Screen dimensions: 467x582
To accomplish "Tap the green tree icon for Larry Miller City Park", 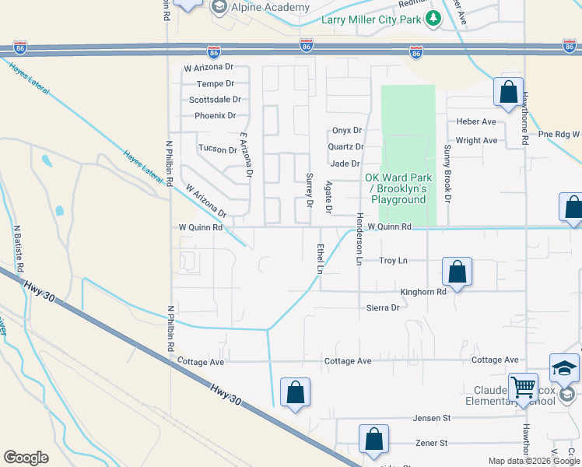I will pos(432,19).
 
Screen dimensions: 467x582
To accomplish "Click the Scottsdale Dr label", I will pos(215,100).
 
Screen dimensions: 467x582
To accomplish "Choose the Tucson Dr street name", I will pos(217,149).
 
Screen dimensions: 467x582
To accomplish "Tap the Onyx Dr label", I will pos(347,130).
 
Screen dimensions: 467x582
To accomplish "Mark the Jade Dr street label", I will pos(345,163).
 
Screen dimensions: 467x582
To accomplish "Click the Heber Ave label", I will pos(476,122).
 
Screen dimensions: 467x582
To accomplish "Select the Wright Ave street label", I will pos(476,141).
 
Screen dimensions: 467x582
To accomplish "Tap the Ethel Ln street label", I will pos(320,258).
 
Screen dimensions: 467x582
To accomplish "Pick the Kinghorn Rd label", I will pos(423,292).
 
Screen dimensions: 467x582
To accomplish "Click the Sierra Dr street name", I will pos(383,307).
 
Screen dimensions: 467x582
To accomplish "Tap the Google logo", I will pos(26,458).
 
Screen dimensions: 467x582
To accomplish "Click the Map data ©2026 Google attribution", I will pos(534,461).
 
